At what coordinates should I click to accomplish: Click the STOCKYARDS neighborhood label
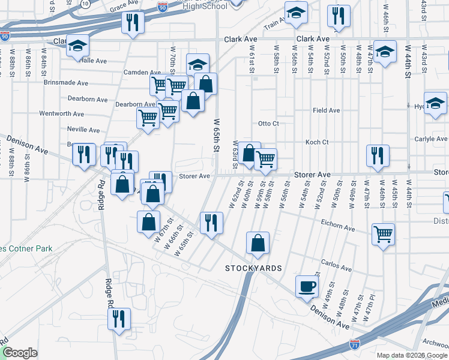point(253,267)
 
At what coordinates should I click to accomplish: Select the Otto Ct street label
point(268,124)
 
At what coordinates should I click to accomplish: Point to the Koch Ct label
point(317,142)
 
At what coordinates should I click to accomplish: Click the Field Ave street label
point(326,110)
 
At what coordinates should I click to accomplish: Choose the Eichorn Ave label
point(339,227)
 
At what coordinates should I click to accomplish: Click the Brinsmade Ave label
point(65,83)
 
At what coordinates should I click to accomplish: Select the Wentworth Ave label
point(61,113)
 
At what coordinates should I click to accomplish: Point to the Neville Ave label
point(83,130)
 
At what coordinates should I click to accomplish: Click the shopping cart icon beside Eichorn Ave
point(383,233)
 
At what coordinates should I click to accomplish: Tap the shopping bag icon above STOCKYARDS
point(258,243)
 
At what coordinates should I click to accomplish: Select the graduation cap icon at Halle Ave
point(77,46)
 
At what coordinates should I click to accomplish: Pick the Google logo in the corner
point(20,353)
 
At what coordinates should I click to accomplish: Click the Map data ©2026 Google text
point(412,355)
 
